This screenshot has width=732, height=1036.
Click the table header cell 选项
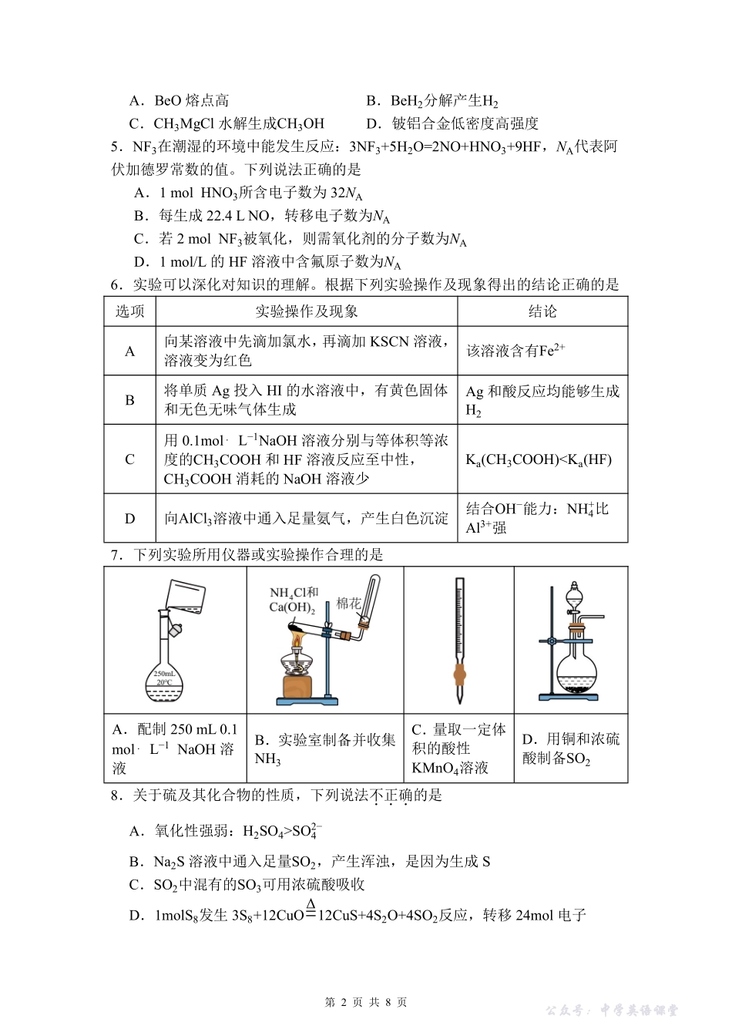click(x=129, y=311)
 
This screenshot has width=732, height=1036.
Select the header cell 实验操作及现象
click(x=306, y=311)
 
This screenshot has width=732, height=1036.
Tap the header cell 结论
click(x=542, y=311)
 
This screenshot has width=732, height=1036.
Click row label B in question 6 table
click(x=129, y=400)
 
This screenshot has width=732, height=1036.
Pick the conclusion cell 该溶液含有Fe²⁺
click(x=515, y=351)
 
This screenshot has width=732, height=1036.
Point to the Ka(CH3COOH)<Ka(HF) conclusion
click(x=538, y=459)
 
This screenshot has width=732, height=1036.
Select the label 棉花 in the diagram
click(x=348, y=604)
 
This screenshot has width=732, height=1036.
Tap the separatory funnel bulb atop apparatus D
click(x=574, y=598)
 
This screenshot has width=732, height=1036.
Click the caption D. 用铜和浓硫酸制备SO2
click(x=570, y=748)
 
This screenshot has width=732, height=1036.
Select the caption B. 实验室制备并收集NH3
click(x=324, y=748)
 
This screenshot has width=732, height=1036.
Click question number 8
click(x=117, y=795)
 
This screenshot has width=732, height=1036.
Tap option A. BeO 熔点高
click(x=179, y=100)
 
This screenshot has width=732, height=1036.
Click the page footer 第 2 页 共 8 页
click(x=366, y=1002)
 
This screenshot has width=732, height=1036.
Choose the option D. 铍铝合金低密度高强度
click(x=452, y=123)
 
